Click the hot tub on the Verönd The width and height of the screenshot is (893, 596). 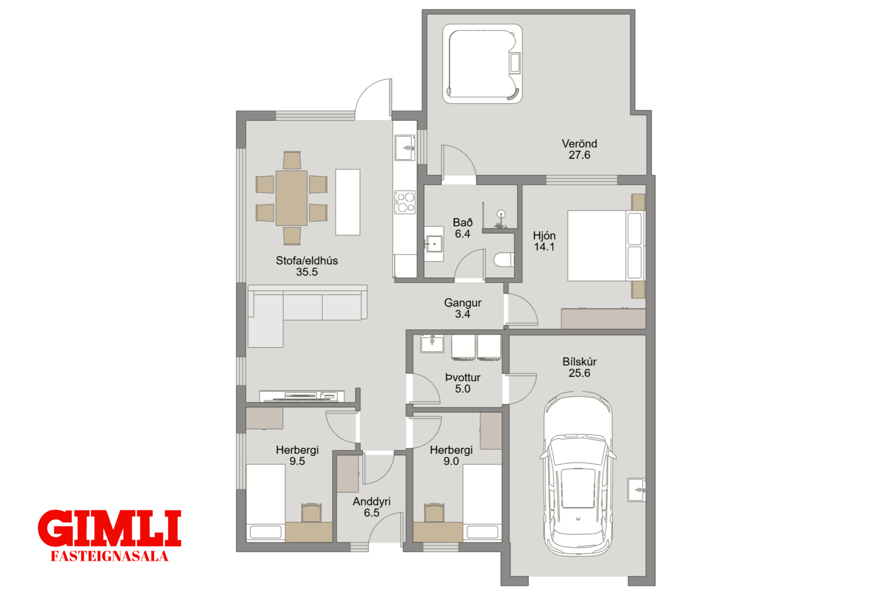pos(482,64)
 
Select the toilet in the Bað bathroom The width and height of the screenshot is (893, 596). pos(504,260)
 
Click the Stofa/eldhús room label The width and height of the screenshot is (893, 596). pos(306,260)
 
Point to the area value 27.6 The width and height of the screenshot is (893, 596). pos(579,155)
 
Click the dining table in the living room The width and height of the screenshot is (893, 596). pos(291,198)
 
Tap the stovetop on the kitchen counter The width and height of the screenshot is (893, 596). pos(405,202)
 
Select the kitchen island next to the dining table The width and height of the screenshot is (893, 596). pos(348,202)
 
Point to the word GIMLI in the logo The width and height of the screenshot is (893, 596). pos(109,528)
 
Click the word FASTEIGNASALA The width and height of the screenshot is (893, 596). pos(109,556)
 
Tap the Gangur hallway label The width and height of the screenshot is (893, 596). pos(463,303)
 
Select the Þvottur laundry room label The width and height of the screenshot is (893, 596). pos(463,378)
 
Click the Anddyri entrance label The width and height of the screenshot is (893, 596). pos(372,502)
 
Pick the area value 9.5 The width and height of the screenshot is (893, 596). pos(297,461)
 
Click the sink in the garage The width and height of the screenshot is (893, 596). pos(636,489)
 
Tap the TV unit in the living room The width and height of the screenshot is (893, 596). pos(302,396)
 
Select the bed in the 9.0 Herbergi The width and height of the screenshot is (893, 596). pos(482,503)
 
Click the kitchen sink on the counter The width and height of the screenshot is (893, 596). pos(405,147)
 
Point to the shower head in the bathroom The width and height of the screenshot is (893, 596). pos(501,214)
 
